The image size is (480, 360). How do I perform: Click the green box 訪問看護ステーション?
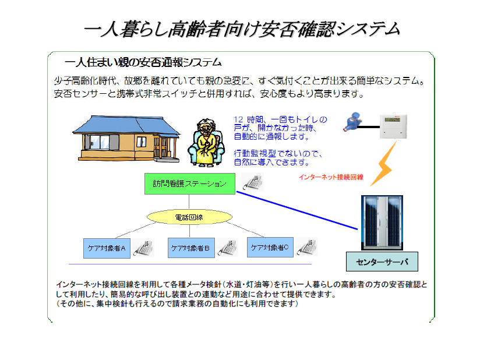coord(190,183)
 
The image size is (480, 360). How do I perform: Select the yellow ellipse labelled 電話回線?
coord(189,217)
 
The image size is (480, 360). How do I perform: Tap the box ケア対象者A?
coord(107,248)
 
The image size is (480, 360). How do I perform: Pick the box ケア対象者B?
coord(191,248)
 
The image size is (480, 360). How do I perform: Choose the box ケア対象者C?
coord(270,247)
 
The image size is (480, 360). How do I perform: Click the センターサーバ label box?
coord(382,262)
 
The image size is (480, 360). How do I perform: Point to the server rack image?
coord(382,223)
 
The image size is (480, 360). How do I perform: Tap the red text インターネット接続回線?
coord(331,177)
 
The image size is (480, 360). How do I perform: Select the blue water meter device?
coord(352,122)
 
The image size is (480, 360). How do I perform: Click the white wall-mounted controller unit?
coord(393,126)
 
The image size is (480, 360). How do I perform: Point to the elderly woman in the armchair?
coord(206,143)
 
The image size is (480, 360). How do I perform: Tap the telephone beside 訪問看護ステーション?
coord(253,182)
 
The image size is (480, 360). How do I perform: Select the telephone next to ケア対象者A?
coord(143,248)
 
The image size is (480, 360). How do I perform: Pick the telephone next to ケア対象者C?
coord(308,247)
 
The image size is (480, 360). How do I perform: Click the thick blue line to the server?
coord(297,210)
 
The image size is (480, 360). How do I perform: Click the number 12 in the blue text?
coord(238,119)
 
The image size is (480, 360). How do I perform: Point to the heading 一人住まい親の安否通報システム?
coord(143,62)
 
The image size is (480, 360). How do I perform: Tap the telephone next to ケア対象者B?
coord(228,248)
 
